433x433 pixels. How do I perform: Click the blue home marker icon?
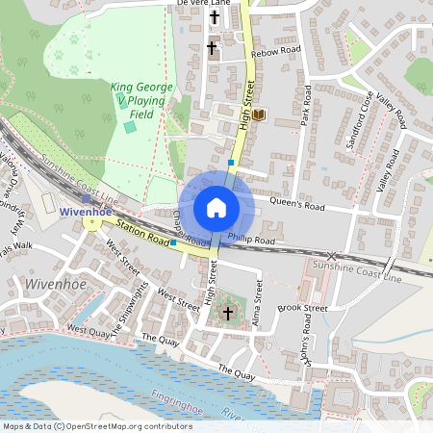point(216,206)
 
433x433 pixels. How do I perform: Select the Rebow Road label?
point(276,51)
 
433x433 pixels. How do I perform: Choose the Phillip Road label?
point(251,240)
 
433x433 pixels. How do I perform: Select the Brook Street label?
point(302,308)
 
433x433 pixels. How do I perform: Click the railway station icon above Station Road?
point(87,196)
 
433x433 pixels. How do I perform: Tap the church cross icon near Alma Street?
point(228,314)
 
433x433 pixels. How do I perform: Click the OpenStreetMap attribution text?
point(84,425)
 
